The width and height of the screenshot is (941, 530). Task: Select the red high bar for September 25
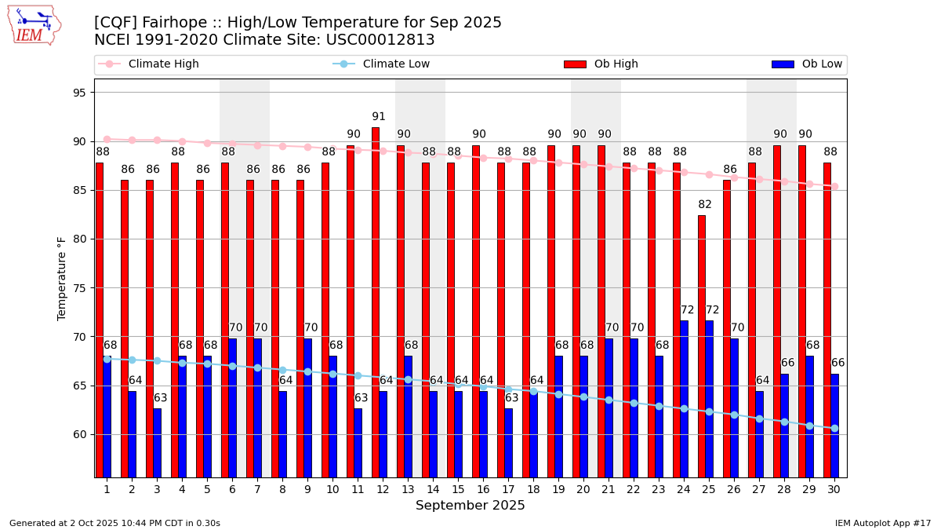coord(702,346)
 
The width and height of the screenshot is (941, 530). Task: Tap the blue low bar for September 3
coord(158,443)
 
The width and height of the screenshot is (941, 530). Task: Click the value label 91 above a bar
coord(379,117)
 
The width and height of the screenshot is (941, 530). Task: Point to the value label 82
coord(705,205)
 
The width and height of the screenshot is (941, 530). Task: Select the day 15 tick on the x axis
coord(458,489)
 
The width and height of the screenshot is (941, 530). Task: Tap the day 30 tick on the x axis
coord(834,489)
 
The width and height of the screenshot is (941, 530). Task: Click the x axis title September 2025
coord(470,506)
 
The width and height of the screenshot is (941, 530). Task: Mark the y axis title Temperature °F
coord(63,278)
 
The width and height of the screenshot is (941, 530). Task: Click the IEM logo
coord(34,25)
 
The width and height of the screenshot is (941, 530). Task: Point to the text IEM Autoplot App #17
coord(883,523)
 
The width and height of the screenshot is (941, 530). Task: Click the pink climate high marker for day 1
coord(107,139)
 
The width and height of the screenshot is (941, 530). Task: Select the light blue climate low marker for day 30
coord(834,428)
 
